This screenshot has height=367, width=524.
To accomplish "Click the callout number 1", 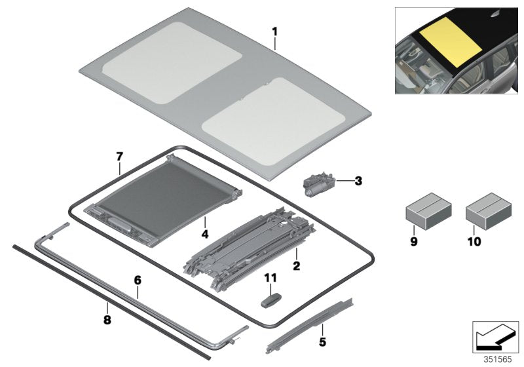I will click(275, 31).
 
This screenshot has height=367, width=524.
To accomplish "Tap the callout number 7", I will click(119, 157).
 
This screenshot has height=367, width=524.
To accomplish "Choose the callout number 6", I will click(138, 280).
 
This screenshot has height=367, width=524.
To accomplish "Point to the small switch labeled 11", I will click(270, 299).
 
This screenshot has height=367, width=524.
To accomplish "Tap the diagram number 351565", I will click(496, 359).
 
